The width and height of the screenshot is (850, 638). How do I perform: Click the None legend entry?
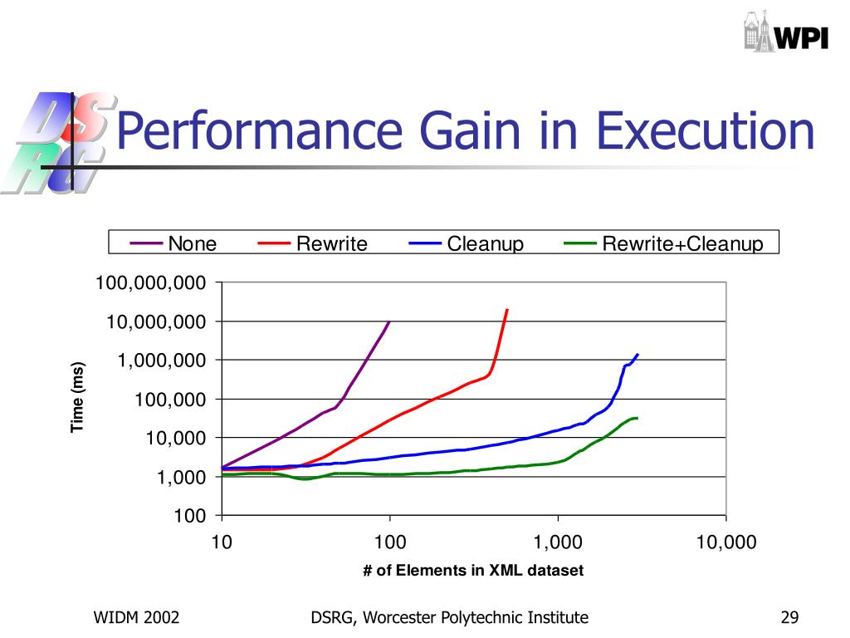[173, 243]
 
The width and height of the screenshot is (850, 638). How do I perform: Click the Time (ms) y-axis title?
[78, 397]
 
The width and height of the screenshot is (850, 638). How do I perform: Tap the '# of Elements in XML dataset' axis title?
[473, 571]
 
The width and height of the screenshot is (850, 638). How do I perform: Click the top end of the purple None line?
[389, 321]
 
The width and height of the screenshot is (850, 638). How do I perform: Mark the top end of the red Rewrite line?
[506, 310]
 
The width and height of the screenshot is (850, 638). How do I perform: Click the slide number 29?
[789, 617]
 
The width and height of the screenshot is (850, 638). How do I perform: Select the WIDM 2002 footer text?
[136, 617]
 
